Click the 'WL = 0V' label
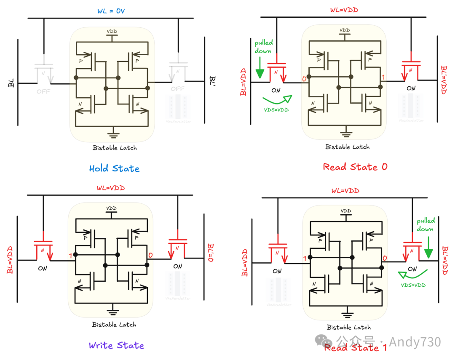111,11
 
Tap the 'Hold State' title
114,168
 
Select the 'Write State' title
116,346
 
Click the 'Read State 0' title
355,167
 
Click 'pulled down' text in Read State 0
263,47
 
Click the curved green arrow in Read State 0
277,100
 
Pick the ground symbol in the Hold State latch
112,135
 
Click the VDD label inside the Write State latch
111,208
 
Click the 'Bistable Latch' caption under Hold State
115,148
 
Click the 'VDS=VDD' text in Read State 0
276,110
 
